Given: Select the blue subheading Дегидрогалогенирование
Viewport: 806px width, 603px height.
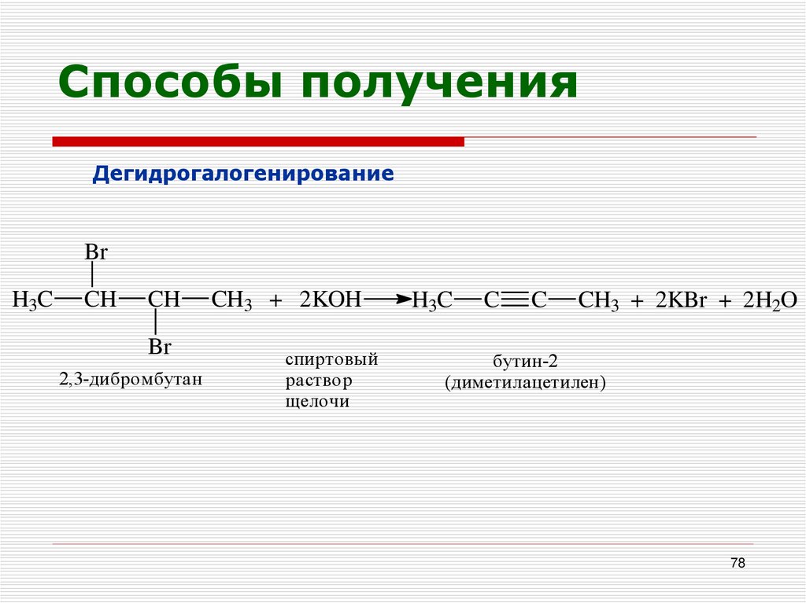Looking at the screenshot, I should tap(243, 173).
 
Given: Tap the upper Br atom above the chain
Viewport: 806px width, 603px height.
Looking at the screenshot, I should tap(95, 253).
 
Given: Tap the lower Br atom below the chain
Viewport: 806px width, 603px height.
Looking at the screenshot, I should tap(160, 347).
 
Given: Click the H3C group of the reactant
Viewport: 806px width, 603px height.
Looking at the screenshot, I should tap(32, 300).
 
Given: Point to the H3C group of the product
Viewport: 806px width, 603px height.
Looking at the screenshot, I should tap(432, 300).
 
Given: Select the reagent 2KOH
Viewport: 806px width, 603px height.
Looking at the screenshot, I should tap(330, 300).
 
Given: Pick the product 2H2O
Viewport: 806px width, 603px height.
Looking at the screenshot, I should tap(771, 300).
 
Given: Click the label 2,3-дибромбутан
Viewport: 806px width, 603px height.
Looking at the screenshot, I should tap(131, 379).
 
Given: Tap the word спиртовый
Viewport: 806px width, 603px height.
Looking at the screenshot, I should tap(331, 360).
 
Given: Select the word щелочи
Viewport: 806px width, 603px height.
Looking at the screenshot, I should tap(317, 402).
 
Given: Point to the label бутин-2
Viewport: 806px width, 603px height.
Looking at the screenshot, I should tap(525, 362).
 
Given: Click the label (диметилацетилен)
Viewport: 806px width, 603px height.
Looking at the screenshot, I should tap(524, 384).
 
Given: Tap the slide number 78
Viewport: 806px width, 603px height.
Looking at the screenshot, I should tap(738, 563).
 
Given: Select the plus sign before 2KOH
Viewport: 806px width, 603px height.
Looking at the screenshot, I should tap(275, 301).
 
